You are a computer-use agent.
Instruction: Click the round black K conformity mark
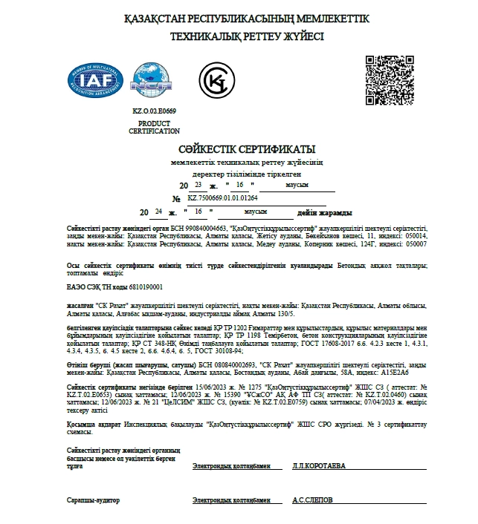coord(216,79)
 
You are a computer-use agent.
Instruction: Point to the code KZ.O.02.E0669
coord(154,110)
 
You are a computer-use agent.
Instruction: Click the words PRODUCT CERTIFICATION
coord(154,127)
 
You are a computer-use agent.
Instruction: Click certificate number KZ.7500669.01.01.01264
coord(222,198)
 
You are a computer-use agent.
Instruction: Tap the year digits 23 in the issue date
coord(197,183)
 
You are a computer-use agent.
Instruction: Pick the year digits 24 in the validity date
coord(158,212)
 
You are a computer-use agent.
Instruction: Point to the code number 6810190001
coord(146,286)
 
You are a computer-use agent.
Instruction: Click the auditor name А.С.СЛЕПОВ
coord(312,500)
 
